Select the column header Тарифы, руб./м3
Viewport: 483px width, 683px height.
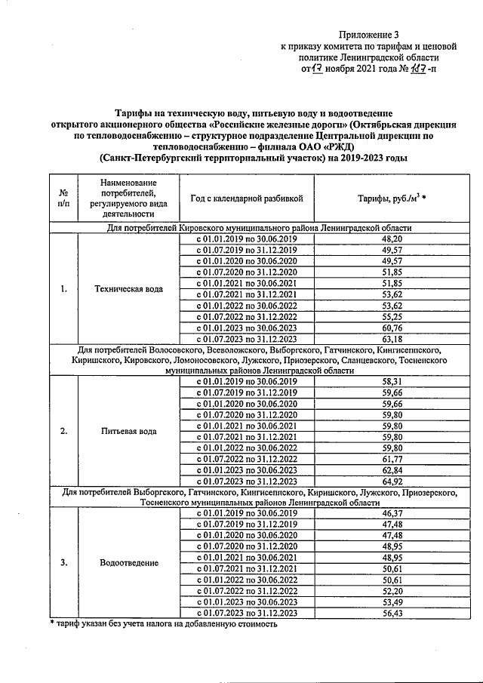(x=392, y=198)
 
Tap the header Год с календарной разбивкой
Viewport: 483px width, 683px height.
(x=246, y=198)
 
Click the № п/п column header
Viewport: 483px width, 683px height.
(x=63, y=198)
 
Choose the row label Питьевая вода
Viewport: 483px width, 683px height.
(x=128, y=432)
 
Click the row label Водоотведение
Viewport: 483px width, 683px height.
(x=128, y=563)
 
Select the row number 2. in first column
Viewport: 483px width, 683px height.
(x=63, y=432)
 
